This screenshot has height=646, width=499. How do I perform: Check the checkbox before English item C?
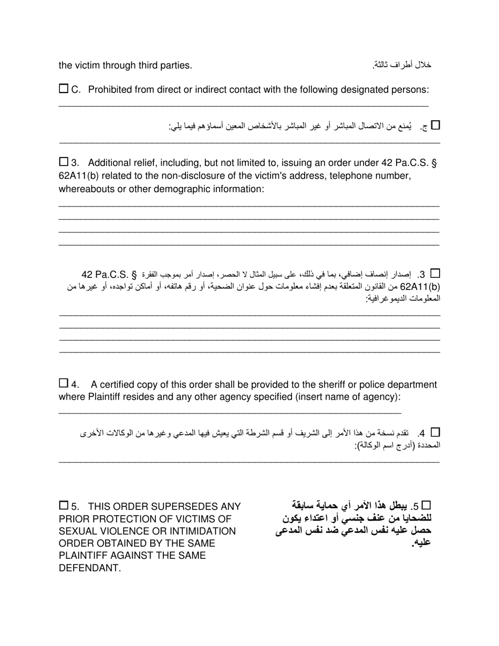(x=64, y=89)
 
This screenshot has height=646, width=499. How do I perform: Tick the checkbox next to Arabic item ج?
(x=435, y=125)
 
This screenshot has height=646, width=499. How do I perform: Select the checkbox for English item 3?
(x=64, y=161)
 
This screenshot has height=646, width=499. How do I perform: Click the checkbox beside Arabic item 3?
(x=435, y=273)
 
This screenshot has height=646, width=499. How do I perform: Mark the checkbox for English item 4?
(x=64, y=383)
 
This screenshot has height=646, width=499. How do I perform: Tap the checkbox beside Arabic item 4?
(x=435, y=432)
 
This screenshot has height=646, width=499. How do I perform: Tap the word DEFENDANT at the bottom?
(x=89, y=568)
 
